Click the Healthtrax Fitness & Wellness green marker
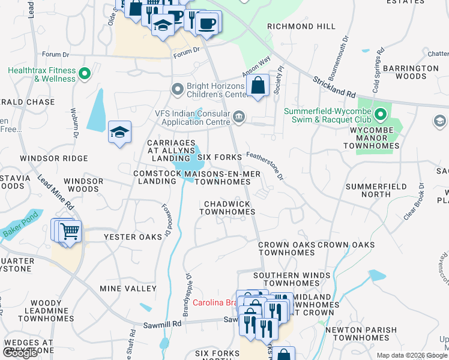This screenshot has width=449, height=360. (x=85, y=74)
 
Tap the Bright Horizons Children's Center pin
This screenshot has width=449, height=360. (x=177, y=89)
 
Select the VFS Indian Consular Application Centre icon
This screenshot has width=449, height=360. (x=239, y=116)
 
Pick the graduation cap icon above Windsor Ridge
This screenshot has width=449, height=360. (x=119, y=132)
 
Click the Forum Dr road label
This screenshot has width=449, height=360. (x=186, y=53)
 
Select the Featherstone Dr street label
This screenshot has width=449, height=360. (x=265, y=165)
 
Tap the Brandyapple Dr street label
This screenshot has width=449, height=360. (x=187, y=295)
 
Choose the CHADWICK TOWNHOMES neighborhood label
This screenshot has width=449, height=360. (x=228, y=208)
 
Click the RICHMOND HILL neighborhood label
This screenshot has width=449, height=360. (x=301, y=27)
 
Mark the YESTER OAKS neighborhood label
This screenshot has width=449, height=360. (x=133, y=237)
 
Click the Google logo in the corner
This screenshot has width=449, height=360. (x=20, y=353)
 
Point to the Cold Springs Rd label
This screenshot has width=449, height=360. (x=377, y=71)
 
